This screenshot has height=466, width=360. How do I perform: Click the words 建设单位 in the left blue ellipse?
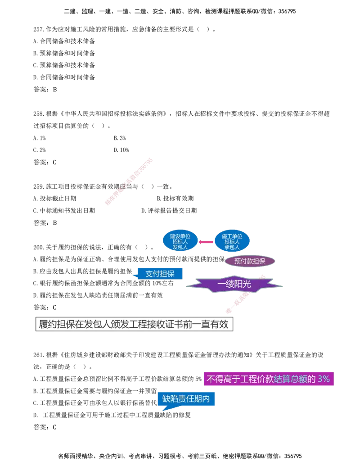[x=180, y=236]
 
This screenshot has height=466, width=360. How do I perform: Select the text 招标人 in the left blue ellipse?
[x=180, y=242]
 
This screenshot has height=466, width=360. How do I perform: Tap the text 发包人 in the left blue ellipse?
[x=180, y=247]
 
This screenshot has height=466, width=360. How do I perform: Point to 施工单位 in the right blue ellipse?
[x=232, y=236]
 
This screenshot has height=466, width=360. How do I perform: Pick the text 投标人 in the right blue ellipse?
[x=232, y=242]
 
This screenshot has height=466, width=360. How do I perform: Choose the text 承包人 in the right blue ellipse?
[x=232, y=247]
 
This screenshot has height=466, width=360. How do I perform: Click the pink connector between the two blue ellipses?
[x=206, y=242]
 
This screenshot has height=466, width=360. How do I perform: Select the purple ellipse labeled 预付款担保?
[x=250, y=261]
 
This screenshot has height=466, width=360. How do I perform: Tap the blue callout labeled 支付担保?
[x=160, y=273]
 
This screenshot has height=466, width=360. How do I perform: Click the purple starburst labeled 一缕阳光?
[x=234, y=284]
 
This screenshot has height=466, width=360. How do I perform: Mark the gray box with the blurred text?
[x=133, y=324]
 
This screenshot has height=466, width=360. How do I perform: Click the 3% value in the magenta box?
[x=324, y=379]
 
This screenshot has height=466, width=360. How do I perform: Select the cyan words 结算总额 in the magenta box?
[x=290, y=379]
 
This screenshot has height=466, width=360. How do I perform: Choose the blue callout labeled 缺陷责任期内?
[x=186, y=398]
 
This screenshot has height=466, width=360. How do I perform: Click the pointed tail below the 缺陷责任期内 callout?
[x=163, y=409]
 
